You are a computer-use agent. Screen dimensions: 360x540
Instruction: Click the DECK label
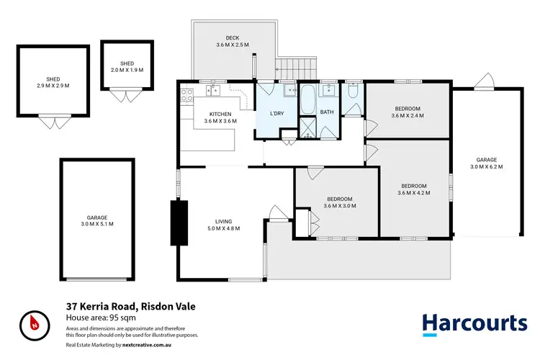tap(232, 38)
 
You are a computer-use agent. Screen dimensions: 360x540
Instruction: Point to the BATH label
tap(327, 112)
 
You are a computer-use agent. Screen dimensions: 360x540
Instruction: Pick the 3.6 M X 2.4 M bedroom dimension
tap(406, 115)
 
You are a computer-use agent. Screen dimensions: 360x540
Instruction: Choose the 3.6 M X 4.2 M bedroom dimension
tap(413, 192)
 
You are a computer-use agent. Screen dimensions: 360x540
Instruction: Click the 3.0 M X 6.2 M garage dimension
tap(487, 166)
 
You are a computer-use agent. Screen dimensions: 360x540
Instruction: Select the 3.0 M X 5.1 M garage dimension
tap(97, 224)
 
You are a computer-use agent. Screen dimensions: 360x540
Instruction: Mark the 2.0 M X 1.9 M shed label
tap(127, 71)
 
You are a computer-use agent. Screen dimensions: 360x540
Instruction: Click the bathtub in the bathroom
tap(306, 100)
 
